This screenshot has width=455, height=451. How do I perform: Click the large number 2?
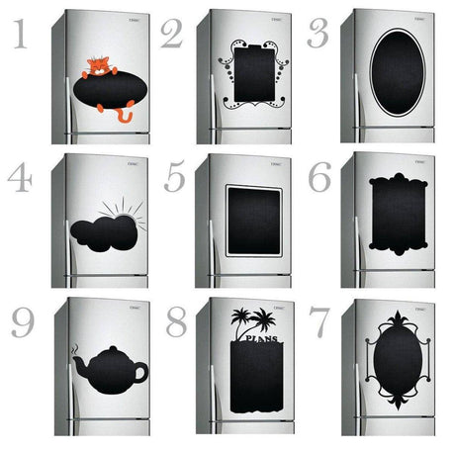point(172,35)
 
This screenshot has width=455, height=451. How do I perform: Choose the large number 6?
point(319,178)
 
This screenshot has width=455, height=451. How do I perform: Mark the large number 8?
point(175,322)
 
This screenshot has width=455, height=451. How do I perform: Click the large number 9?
point(24,322)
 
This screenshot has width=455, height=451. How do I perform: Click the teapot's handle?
point(139,372)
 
